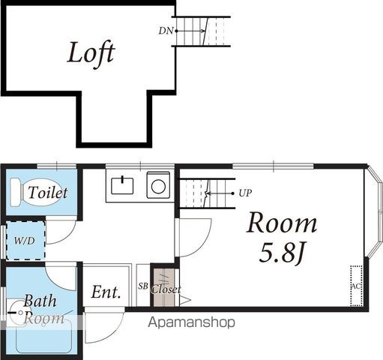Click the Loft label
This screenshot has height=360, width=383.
point(91,55)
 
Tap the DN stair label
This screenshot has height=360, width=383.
point(166,31)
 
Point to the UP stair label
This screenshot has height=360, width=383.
point(245,193)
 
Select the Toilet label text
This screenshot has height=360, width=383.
point(48,193)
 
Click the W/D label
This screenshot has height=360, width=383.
point(25,241)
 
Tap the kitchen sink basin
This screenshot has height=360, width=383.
point(122,185)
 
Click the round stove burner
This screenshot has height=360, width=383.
point(158,187)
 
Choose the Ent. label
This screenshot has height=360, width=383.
point(106,292)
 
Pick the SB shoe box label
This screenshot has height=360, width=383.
point(143,286)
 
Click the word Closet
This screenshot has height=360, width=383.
point(166,289)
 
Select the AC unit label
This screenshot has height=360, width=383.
point(356,286)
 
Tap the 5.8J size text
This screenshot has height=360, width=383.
point(281,253)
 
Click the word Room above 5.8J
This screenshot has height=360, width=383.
point(282,223)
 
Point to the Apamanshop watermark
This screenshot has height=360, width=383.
point(191,322)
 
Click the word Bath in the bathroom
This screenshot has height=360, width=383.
point(40,301)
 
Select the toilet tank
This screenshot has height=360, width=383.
point(15,192)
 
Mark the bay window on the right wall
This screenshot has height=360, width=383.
point(374,212)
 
